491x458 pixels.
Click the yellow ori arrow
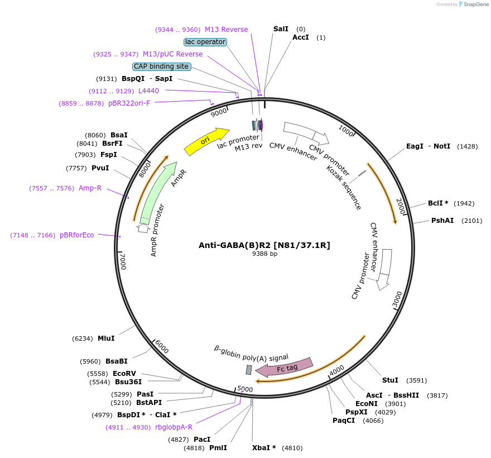click(x=206, y=142)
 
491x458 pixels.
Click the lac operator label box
click(x=205, y=42)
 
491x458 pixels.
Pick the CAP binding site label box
click(x=161, y=66)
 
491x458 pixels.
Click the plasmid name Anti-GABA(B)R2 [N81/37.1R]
click(x=264, y=245)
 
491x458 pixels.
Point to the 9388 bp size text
click(x=264, y=254)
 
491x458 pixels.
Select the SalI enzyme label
click(x=281, y=29)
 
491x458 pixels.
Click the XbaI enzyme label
click(x=264, y=448)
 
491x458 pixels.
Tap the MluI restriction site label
click(x=106, y=338)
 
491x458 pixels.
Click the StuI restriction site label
click(x=390, y=380)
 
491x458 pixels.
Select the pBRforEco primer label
click(x=77, y=235)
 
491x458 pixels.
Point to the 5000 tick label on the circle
click(x=245, y=389)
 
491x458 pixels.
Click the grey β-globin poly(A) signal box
click(x=249, y=370)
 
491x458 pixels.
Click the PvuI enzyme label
click(x=100, y=168)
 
